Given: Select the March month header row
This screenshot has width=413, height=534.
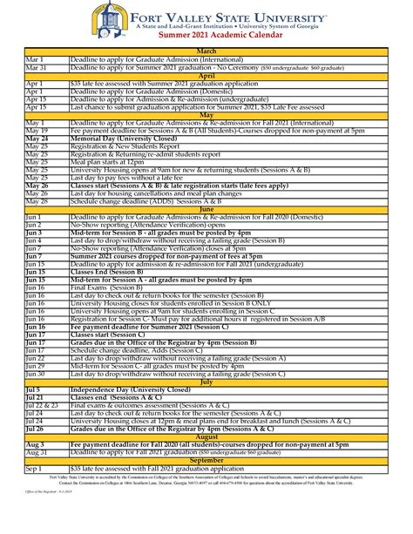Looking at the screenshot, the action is click(206, 51).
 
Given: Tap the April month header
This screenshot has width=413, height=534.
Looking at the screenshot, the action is click(206, 75).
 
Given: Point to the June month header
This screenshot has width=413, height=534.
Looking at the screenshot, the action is click(206, 209).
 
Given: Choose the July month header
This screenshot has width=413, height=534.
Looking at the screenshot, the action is click(206, 381).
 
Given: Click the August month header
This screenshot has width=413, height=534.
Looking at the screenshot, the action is click(206, 436).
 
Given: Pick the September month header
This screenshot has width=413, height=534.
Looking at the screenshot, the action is click(206, 459).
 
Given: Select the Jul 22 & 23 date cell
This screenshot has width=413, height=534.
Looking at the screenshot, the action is click(43, 404).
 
